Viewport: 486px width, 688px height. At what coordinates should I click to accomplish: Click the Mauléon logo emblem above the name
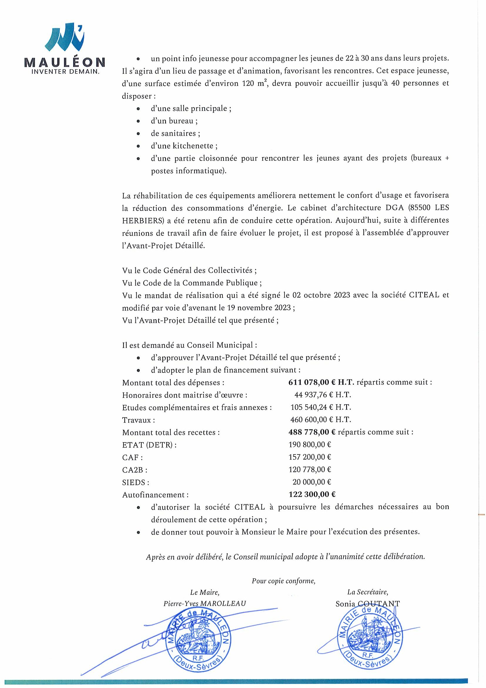click(65, 38)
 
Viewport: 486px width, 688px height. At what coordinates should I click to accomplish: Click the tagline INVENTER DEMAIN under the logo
click(65, 72)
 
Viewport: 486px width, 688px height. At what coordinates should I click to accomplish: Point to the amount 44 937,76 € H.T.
click(323, 395)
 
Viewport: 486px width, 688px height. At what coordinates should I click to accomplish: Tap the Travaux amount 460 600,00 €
click(320, 420)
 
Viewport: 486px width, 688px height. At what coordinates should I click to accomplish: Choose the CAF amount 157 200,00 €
click(310, 457)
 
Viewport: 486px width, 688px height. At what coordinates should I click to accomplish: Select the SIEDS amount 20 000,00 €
click(311, 482)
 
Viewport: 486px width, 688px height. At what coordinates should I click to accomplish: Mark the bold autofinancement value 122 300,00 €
click(312, 495)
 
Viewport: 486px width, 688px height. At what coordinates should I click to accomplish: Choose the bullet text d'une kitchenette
click(184, 146)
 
